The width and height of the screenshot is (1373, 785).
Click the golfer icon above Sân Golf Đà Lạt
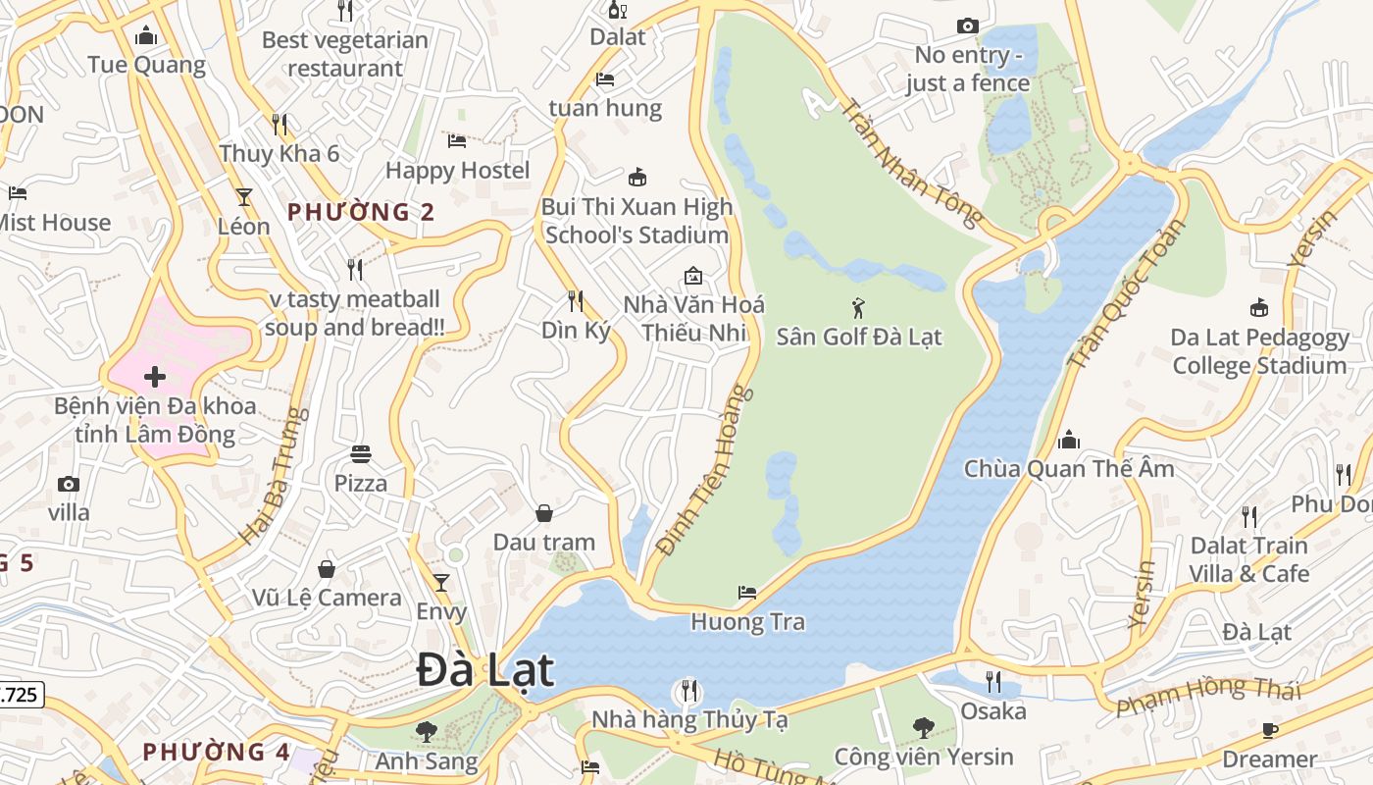click(x=859, y=308)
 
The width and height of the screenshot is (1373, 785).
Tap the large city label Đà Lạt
click(x=485, y=671)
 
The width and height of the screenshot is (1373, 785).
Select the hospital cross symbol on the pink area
click(x=154, y=377)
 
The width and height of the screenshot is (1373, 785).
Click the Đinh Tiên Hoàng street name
click(x=706, y=471)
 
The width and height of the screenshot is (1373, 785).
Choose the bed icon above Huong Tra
click(x=747, y=593)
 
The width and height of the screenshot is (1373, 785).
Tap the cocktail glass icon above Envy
click(x=441, y=583)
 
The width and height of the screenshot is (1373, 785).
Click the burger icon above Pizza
click(x=361, y=454)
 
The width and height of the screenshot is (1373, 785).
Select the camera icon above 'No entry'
click(x=967, y=26)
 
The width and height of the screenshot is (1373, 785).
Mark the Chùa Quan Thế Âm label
click(x=1069, y=468)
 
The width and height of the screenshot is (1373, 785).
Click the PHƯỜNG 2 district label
click(x=361, y=212)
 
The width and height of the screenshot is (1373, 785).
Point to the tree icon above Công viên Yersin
click(x=923, y=728)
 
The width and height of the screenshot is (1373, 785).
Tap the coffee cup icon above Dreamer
click(x=1270, y=730)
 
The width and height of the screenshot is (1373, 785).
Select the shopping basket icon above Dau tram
click(x=544, y=513)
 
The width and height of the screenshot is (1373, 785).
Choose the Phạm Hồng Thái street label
click(x=1208, y=694)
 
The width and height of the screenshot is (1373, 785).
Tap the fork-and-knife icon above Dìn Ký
click(x=576, y=300)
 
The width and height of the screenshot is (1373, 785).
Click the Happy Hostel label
click(x=457, y=170)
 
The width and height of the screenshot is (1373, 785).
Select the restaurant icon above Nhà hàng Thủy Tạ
click(x=689, y=691)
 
